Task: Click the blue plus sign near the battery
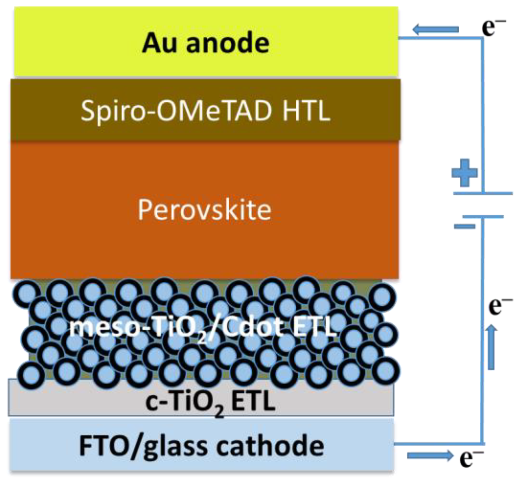pyautogui.click(x=464, y=172)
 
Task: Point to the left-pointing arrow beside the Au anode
pyautogui.click(x=436, y=30)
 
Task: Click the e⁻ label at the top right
pyautogui.click(x=493, y=27)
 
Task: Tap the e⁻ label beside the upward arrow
pyautogui.click(x=500, y=306)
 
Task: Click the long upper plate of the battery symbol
pyautogui.click(x=483, y=193)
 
